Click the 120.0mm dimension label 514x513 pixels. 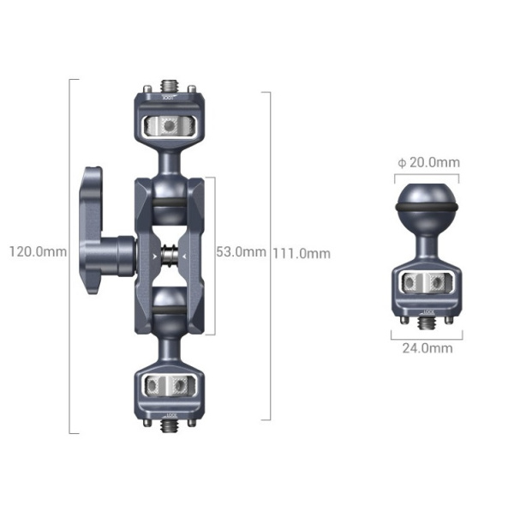pyautogui.click(x=37, y=252)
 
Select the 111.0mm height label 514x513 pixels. pyautogui.click(x=302, y=253)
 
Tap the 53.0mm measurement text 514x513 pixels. pyautogui.click(x=241, y=252)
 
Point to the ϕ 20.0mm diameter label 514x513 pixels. pyautogui.click(x=428, y=162)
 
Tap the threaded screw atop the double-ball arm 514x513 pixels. pyautogui.click(x=170, y=88)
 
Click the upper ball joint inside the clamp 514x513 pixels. pyautogui.click(x=169, y=203)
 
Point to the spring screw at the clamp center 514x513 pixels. pyautogui.click(x=170, y=253)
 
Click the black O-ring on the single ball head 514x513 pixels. pyautogui.click(x=427, y=208)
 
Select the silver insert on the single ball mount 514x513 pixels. pyautogui.click(x=427, y=283)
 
